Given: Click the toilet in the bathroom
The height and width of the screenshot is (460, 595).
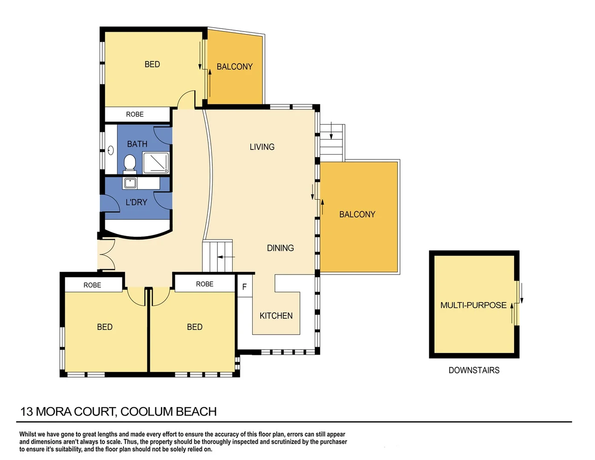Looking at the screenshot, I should pos(129,163).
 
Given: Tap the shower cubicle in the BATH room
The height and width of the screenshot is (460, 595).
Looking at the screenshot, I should pos(156,162).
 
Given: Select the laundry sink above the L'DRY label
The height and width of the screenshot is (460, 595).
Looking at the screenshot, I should pos(130,183).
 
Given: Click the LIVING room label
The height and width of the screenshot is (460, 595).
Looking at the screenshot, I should pos(262,147).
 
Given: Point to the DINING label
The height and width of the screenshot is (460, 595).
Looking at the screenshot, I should pos(280,248).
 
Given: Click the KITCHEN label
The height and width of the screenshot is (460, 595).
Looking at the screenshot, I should pos(276,316).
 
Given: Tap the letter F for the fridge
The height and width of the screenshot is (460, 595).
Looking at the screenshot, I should pos(244,287).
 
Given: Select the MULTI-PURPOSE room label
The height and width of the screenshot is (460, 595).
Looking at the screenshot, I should pos(473,305).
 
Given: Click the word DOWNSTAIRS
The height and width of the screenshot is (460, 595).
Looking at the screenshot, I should pos(474,370).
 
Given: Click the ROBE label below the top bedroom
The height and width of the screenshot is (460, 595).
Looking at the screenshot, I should pos(135,114).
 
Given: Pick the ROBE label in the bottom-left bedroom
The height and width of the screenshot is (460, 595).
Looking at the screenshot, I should pos(92,285).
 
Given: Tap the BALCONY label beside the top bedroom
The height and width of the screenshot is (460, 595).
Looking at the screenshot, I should pos(234,66).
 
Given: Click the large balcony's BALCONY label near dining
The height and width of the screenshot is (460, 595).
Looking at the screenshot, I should pos(357,214).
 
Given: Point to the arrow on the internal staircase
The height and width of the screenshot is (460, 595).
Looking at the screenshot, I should pos(226,257).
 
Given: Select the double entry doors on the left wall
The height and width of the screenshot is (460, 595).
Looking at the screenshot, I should pos(106,255).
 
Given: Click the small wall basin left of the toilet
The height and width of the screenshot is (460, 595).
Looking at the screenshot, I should pos(111,150).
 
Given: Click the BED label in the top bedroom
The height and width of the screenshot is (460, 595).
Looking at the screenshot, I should pos(152,64).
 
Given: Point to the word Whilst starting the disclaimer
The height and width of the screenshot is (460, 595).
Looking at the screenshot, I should pos(28,434).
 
